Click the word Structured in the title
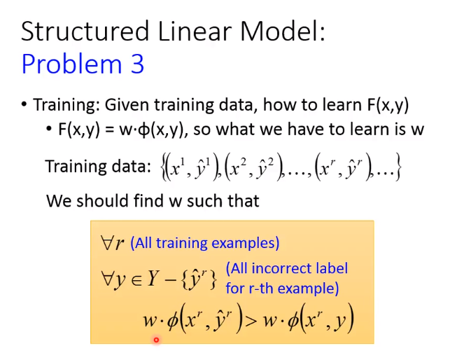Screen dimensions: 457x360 (85, 31)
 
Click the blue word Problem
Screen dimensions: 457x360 (71, 64)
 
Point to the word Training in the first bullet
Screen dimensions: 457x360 (66, 105)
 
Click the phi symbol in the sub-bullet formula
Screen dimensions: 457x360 (143, 130)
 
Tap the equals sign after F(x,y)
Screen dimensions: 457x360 (109, 130)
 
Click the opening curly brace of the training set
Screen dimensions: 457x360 (162, 167)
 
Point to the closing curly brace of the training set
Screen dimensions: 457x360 (398, 167)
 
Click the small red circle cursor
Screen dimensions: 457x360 (156, 340)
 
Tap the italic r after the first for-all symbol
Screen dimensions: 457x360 (120, 244)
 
